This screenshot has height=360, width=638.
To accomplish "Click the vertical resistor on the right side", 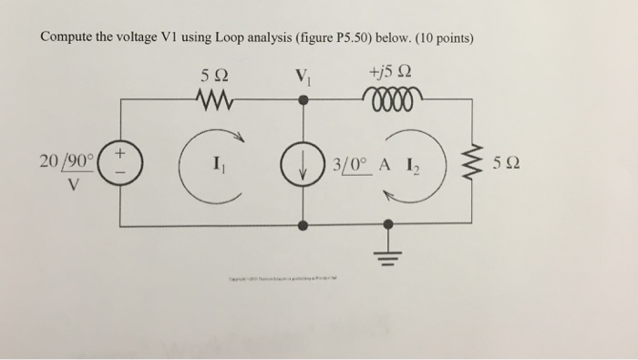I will [474, 164].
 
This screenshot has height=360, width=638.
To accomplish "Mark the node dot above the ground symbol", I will [389, 222].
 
